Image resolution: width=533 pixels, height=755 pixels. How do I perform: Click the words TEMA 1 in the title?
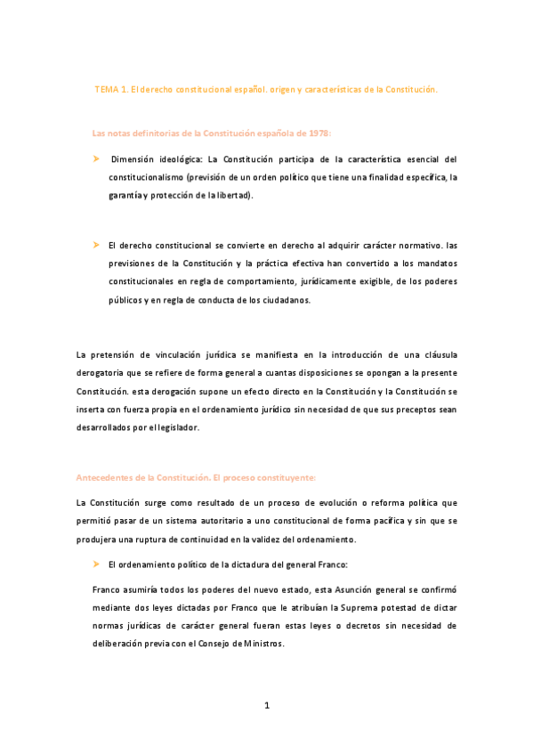point(111,90)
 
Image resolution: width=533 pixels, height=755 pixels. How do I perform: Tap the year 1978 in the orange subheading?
point(315,133)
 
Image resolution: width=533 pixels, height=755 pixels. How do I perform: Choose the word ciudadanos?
point(282,300)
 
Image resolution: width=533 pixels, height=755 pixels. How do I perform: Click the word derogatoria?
point(105,373)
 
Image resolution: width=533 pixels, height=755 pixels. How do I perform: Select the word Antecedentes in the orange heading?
point(111,478)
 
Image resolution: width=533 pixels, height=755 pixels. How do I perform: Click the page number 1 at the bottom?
point(266,706)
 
